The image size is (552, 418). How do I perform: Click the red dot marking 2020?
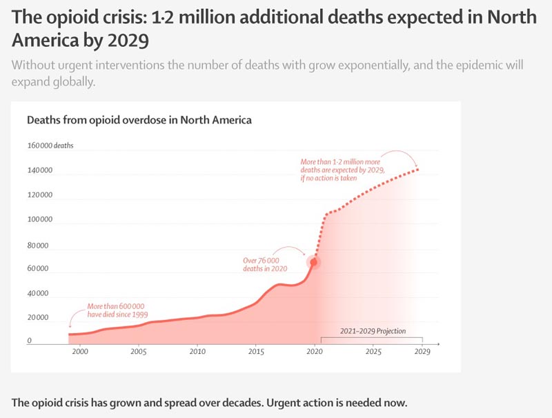point(314,263)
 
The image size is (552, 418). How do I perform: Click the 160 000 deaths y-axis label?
point(50,146)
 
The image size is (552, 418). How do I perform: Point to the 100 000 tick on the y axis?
point(39,220)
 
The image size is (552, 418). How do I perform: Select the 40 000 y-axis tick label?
point(39,294)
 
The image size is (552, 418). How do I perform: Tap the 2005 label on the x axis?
point(139,352)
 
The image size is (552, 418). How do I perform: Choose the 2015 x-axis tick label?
point(256,352)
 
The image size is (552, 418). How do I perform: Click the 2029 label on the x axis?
point(422,352)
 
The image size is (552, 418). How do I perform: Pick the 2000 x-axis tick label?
point(80,352)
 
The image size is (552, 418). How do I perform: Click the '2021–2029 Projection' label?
point(373,331)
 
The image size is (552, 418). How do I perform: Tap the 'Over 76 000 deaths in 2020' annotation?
point(265,265)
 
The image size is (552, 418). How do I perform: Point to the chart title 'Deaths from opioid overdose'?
point(139,120)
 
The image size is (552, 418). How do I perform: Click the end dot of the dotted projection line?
point(417,169)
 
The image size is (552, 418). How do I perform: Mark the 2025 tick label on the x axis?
point(373,352)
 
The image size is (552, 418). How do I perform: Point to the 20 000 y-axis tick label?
point(39,318)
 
